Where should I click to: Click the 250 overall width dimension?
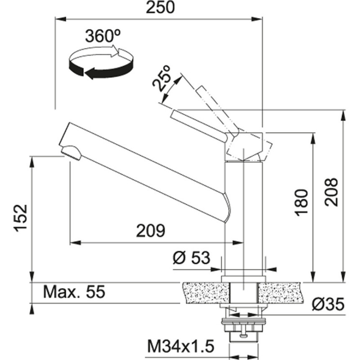[158, 8]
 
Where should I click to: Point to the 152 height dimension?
[21, 218]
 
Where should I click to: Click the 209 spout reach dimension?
[151, 231]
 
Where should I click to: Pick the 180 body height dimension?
[302, 202]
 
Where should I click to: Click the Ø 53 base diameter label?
[192, 258]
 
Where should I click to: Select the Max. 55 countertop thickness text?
[74, 292]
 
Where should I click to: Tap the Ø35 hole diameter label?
[328, 305]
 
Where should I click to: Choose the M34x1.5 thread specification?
[180, 346]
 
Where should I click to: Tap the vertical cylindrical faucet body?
[243, 216]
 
